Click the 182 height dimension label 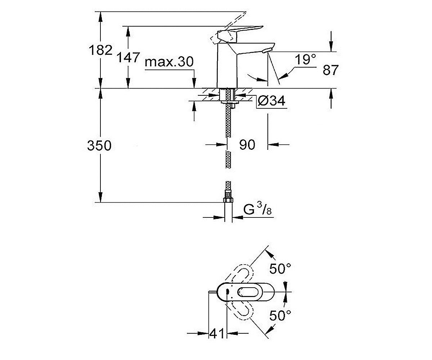100,50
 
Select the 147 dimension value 129,57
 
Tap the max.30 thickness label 169,62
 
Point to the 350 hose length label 99,145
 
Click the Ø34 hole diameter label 272,101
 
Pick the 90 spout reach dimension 247,145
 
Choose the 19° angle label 305,60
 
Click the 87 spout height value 330,70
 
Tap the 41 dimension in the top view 217,333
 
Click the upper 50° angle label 280,269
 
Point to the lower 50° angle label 280,315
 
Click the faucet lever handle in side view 240,34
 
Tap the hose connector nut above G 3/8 228,200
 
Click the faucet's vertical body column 227,66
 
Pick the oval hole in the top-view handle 248,292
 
